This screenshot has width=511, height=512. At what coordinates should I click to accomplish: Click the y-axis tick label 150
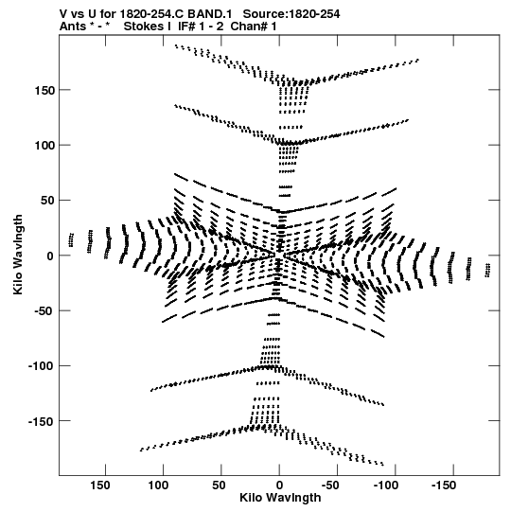(44, 91)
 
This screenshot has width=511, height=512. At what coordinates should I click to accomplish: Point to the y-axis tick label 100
(44, 146)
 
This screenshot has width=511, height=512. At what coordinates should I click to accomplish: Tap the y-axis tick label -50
(43, 311)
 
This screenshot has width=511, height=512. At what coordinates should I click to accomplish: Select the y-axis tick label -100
(41, 366)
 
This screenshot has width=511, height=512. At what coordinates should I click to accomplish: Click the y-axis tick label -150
(41, 421)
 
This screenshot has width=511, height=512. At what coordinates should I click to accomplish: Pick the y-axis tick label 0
(50, 256)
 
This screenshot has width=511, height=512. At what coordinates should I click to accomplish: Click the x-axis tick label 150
(100, 486)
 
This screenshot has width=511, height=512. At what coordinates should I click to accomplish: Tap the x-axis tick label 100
(159, 486)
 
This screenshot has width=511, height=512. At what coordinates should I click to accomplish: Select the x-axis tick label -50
(329, 486)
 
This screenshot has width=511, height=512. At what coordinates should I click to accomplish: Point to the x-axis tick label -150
(444, 486)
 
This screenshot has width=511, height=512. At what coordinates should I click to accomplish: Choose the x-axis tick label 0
(279, 486)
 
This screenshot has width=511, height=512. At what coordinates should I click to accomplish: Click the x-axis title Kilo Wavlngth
(280, 498)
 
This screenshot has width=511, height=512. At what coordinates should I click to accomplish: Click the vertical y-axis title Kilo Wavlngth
(18, 255)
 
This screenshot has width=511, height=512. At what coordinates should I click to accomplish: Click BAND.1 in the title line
(210, 14)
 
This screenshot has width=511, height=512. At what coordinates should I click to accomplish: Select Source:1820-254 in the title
(291, 14)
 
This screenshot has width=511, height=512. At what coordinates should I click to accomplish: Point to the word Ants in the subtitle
(72, 26)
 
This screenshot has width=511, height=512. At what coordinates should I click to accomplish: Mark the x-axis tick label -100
(386, 486)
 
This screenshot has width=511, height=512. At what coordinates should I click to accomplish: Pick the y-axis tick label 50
(47, 201)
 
